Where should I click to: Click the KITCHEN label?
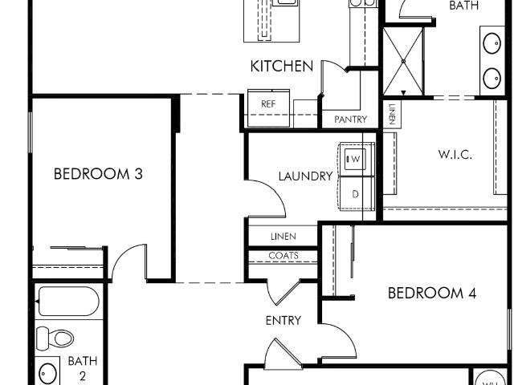click(282, 66)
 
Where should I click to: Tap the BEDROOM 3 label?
click(98, 174)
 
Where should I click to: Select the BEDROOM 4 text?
click(432, 293)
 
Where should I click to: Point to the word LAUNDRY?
click(305, 176)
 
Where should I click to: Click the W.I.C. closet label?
click(455, 154)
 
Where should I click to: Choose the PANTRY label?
click(350, 120)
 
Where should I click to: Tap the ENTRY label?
click(284, 321)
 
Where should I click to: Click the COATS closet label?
click(284, 255)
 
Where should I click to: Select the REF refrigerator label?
click(268, 104)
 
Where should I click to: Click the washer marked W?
click(355, 160)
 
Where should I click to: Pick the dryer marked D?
click(356, 194)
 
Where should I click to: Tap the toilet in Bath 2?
click(55, 338)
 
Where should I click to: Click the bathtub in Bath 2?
click(69, 302)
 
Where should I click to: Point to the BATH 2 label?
click(83, 368)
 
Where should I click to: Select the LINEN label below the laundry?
click(284, 236)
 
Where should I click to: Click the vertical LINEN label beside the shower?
click(392, 114)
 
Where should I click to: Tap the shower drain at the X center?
click(403, 61)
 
